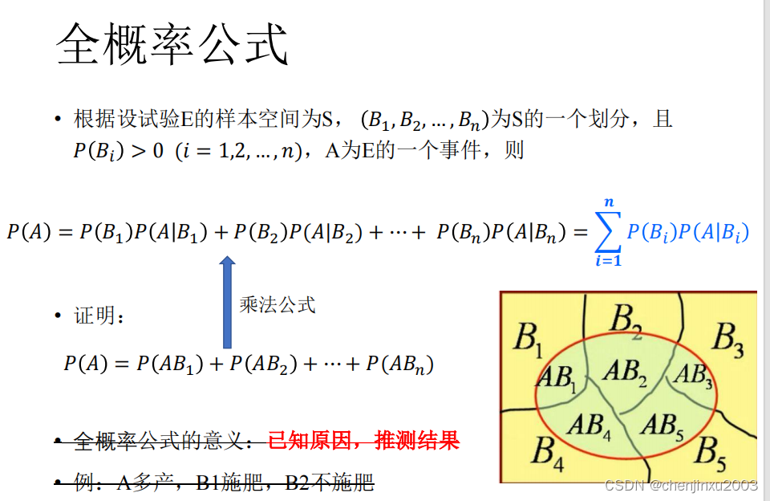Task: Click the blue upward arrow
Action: click(x=227, y=302)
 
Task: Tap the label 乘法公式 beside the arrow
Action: click(x=278, y=305)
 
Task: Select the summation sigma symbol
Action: click(x=609, y=234)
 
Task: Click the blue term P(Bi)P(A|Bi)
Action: click(x=687, y=233)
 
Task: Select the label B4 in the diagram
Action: click(x=549, y=452)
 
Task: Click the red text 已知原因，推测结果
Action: click(x=363, y=441)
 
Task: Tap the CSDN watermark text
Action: click(x=681, y=486)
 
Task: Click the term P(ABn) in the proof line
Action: click(x=399, y=365)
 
